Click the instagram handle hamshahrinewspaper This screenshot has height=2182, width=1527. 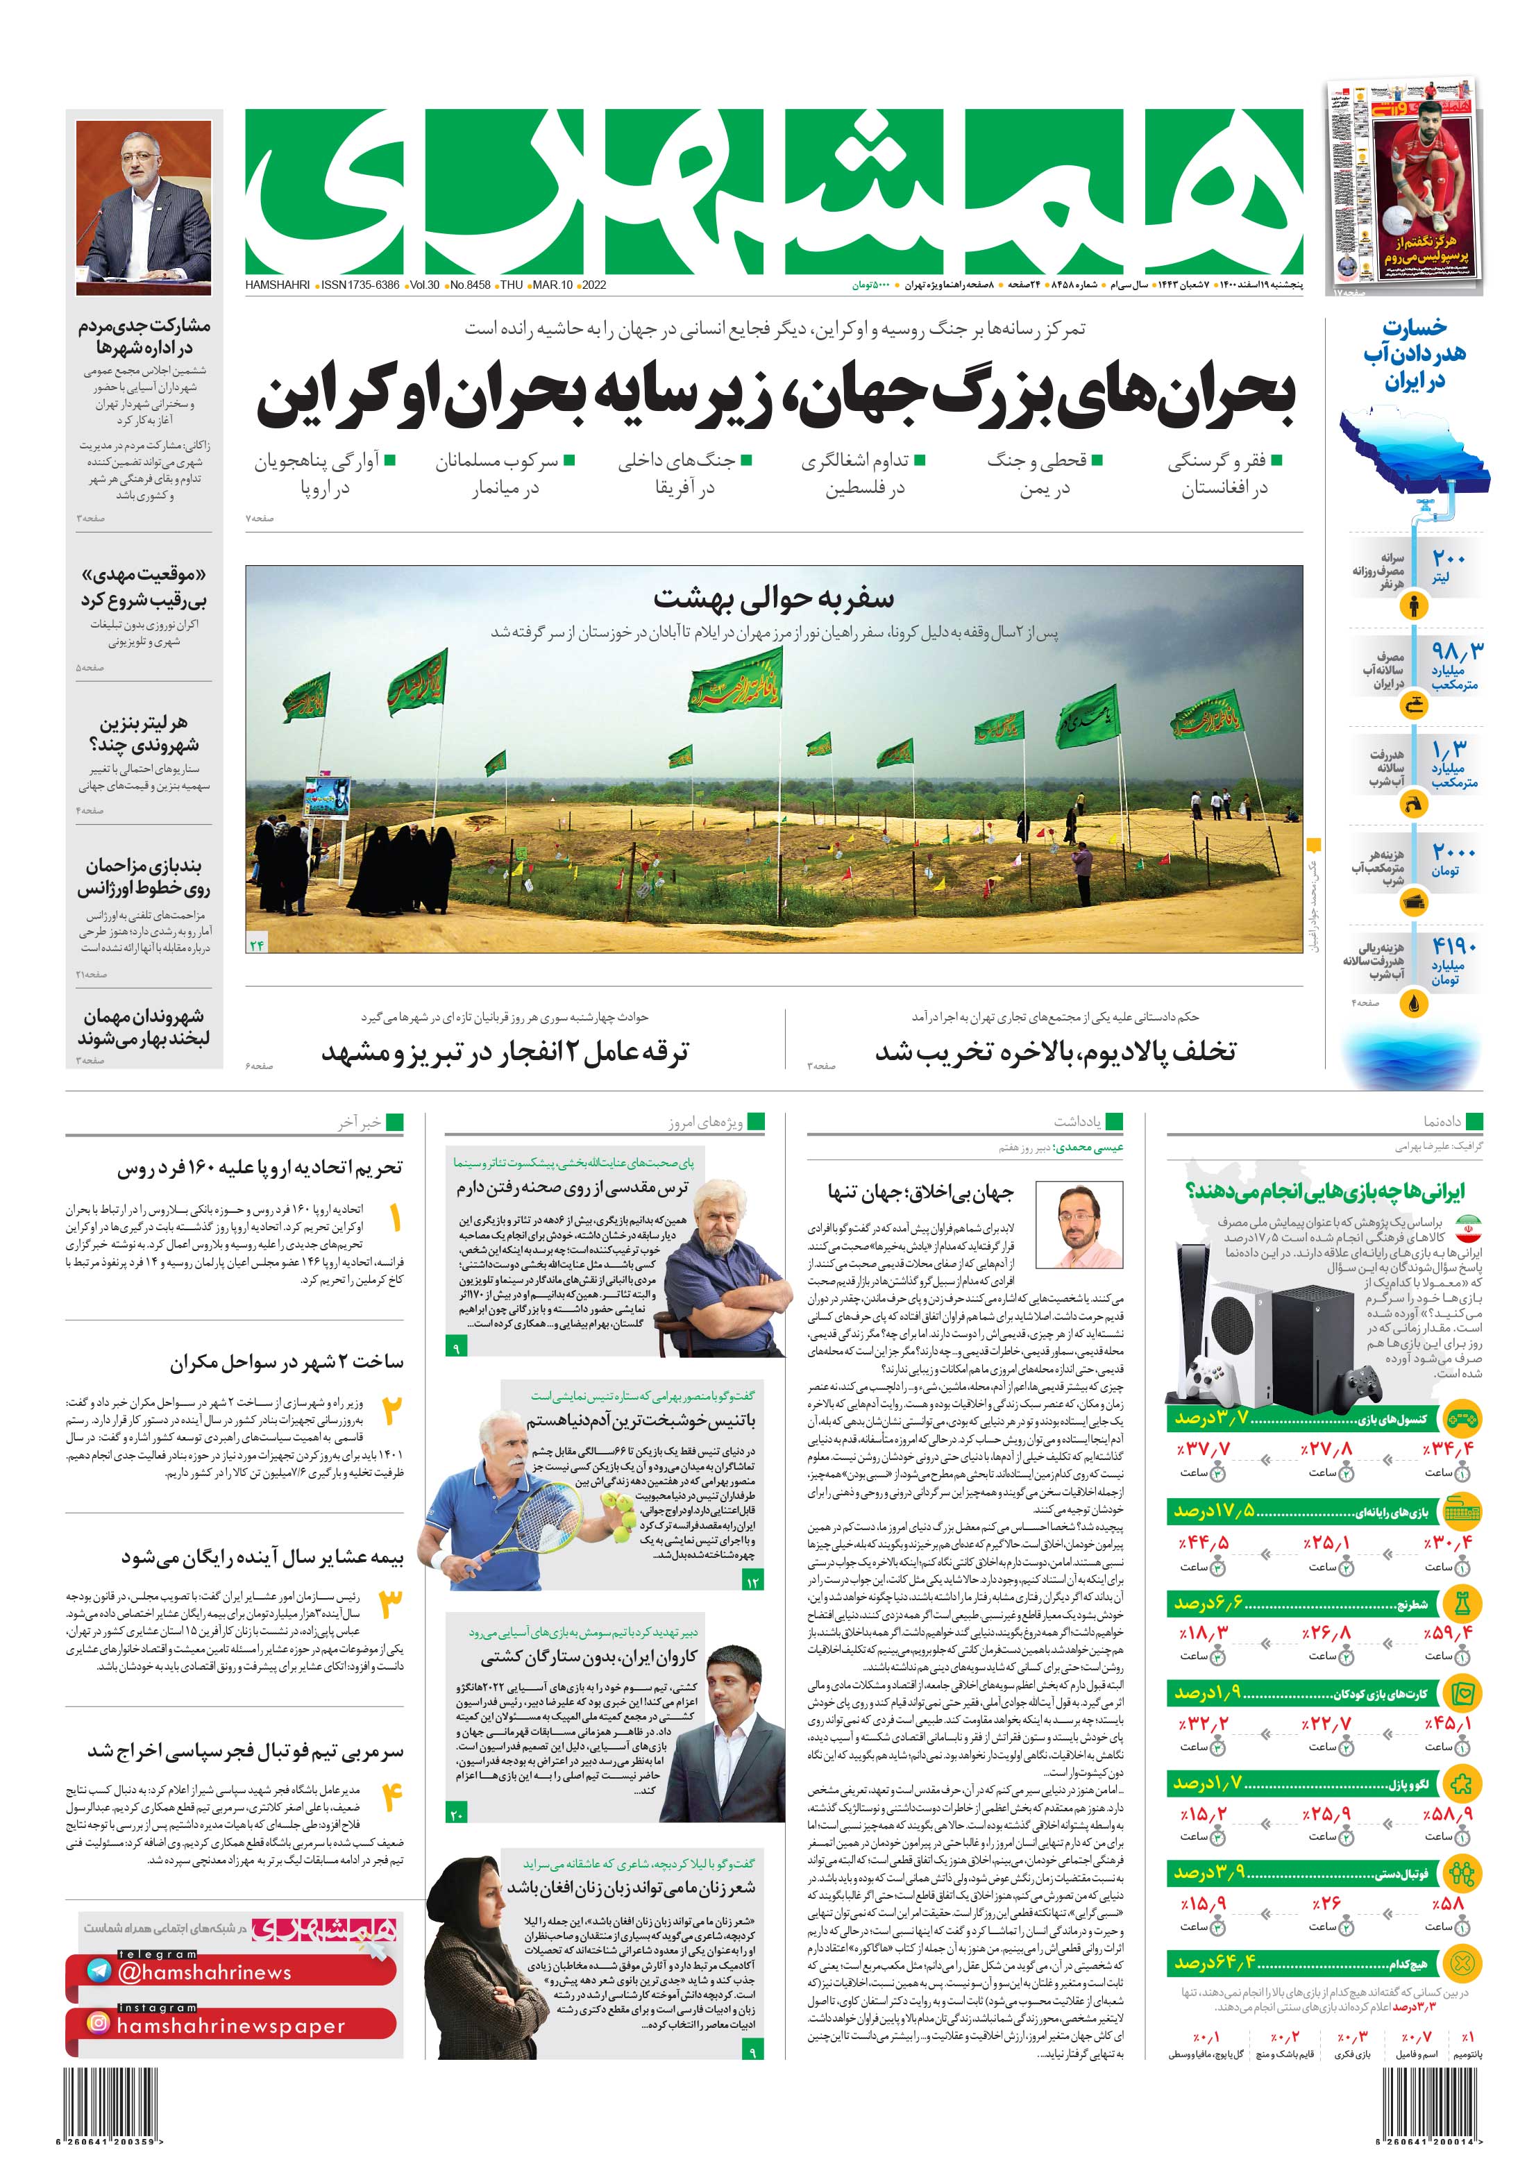tap(229, 2025)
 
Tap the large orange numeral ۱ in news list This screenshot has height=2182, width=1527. tap(394, 1218)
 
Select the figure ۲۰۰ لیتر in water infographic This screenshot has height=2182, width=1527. tap(1449, 567)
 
